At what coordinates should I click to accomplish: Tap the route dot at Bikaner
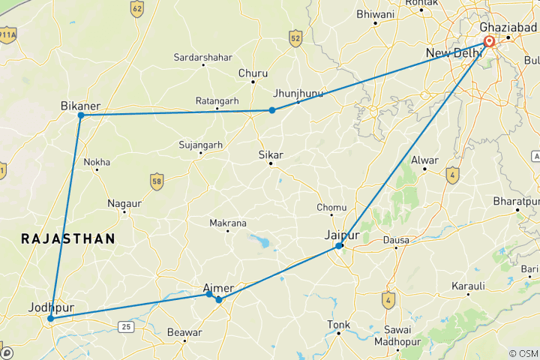pyautogui.click(x=80, y=115)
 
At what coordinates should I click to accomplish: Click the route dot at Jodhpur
pyautogui.click(x=50, y=319)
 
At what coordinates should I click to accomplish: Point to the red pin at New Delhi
pyautogui.click(x=489, y=41)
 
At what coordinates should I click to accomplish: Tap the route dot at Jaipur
pyautogui.click(x=339, y=246)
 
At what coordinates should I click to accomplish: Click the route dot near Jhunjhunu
pyautogui.click(x=272, y=110)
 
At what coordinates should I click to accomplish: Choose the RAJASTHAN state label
pyautogui.click(x=68, y=238)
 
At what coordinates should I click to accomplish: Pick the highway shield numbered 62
pyautogui.click(x=136, y=9)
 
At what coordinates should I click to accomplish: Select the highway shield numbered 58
pyautogui.click(x=156, y=181)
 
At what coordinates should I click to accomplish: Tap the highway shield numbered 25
pyautogui.click(x=124, y=325)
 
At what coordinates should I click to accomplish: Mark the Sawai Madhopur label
pyautogui.click(x=397, y=336)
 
